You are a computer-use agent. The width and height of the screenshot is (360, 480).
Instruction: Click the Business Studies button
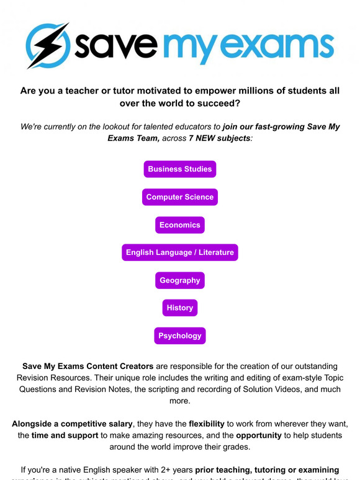pos(180,169)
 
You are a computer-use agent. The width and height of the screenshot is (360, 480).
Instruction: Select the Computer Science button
pos(180,197)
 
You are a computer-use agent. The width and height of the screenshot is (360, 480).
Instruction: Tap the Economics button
pos(180,225)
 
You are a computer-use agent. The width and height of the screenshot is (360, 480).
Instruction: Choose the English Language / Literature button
pos(180,252)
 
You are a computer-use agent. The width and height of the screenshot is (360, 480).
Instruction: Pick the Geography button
pos(180,280)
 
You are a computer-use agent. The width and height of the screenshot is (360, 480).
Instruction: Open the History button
pos(180,308)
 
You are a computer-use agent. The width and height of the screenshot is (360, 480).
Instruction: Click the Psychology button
pos(180,336)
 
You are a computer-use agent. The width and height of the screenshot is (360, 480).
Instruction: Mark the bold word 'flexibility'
pos(212,424)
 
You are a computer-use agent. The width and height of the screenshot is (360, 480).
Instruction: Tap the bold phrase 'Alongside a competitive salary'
pos(72,424)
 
